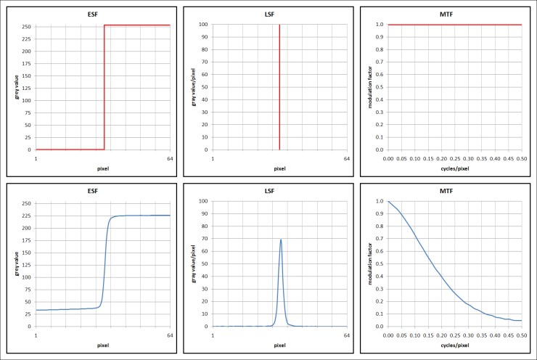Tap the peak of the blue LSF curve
pyautogui.click(x=280, y=240)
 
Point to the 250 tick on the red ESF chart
pyautogui.click(x=27, y=26)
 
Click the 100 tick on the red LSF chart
pyautogui.click(x=203, y=25)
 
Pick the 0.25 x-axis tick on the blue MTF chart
pyautogui.click(x=455, y=335)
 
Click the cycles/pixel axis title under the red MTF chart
pyautogui.click(x=455, y=168)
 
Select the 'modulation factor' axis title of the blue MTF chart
pyautogui.click(x=369, y=263)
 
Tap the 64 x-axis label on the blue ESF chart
pyautogui.click(x=170, y=335)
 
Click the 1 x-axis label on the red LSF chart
pyautogui.click(x=213, y=159)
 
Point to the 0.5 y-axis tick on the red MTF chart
pyautogui.click(x=380, y=87)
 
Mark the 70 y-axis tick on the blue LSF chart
pyautogui.click(x=205, y=239)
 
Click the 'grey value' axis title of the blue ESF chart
pyautogui.click(x=16, y=263)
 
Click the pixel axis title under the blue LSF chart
pyautogui.click(x=279, y=345)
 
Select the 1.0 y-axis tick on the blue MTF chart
pyautogui.click(x=380, y=201)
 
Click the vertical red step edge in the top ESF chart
pyautogui.click(x=104, y=87)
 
